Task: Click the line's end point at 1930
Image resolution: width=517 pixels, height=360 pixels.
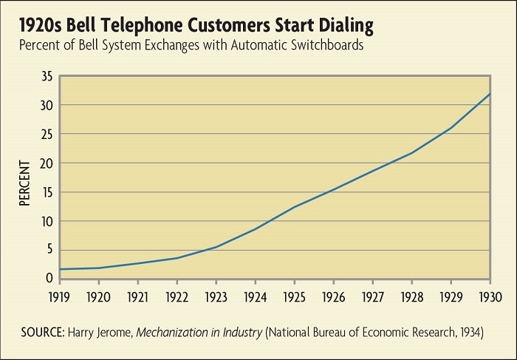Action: (x=489, y=94)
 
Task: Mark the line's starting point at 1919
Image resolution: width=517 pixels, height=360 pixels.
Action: (x=60, y=269)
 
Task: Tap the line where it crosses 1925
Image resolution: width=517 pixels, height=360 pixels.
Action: (x=295, y=206)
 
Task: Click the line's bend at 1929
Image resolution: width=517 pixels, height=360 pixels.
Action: (x=450, y=129)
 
